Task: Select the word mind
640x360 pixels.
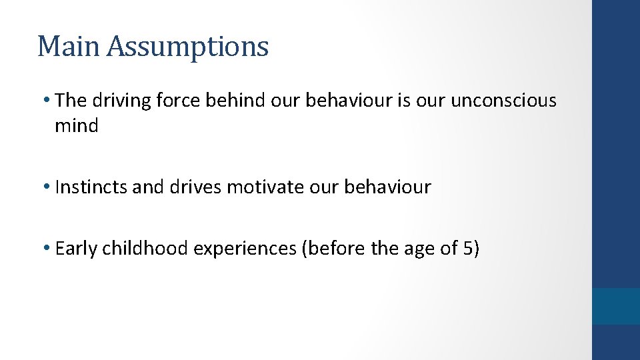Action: tap(77, 125)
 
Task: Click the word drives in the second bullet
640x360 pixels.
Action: tap(196, 187)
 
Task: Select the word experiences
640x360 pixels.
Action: tap(245, 249)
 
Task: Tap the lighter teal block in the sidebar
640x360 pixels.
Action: tap(616, 306)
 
